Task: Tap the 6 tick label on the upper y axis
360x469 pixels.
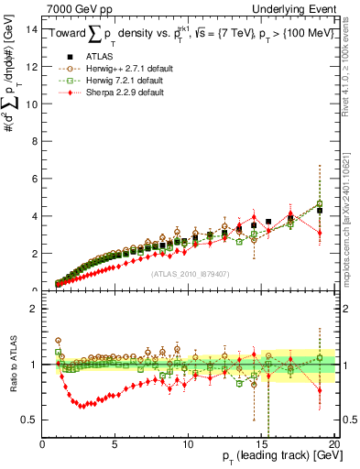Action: click(35, 179)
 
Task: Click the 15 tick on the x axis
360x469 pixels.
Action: click(261, 445)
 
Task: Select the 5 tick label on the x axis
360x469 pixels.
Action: click(115, 445)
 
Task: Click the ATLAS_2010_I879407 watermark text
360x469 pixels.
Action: click(190, 272)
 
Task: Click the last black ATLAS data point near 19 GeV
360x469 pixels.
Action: click(320, 210)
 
